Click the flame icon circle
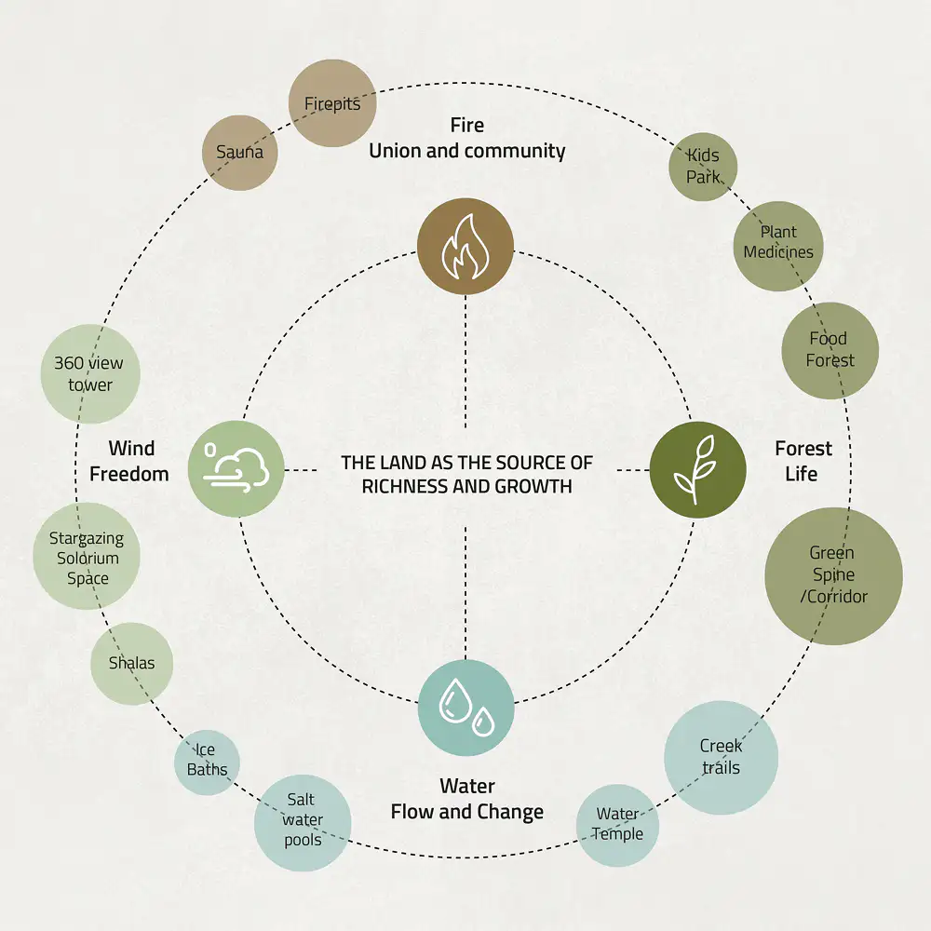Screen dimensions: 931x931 tap(465, 247)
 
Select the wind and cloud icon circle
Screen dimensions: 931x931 tap(236, 468)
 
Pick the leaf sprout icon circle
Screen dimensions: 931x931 tap(697, 469)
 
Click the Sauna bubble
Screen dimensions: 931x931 tap(240, 153)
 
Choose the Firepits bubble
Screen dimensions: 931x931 tap(332, 103)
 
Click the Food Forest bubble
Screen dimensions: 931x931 tap(830, 350)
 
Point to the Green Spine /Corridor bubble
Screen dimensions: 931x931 tap(833, 575)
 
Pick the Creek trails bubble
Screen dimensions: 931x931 tap(721, 757)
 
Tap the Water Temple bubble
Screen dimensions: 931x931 tap(617, 826)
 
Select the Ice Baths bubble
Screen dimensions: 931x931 tap(207, 761)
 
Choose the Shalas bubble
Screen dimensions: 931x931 tap(131, 664)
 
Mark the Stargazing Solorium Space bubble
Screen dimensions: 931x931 tap(87, 558)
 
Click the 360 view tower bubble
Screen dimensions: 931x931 tap(90, 374)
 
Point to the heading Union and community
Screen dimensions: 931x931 tap(466, 151)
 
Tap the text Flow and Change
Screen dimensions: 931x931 tap(466, 812)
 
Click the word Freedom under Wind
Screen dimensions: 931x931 tap(129, 474)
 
